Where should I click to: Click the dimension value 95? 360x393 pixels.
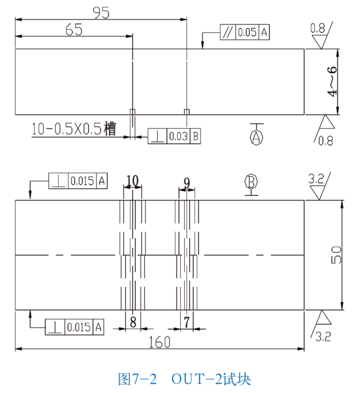[x=101, y=12]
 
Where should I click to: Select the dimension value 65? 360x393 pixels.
[x=74, y=29]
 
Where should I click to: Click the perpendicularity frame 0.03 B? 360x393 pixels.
[x=174, y=137]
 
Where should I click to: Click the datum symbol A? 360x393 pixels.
[x=257, y=136]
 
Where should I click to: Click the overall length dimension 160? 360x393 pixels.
[x=160, y=342]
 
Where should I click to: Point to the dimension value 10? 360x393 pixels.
[x=132, y=180]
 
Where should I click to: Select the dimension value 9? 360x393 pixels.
[x=187, y=182]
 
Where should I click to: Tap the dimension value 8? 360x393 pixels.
[x=133, y=322]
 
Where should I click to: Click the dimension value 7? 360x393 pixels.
[x=187, y=322]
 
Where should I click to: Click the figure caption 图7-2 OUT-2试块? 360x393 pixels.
[x=184, y=379]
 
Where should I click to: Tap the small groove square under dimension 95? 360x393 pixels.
[x=187, y=111]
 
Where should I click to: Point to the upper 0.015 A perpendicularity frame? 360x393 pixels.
[x=78, y=181]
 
